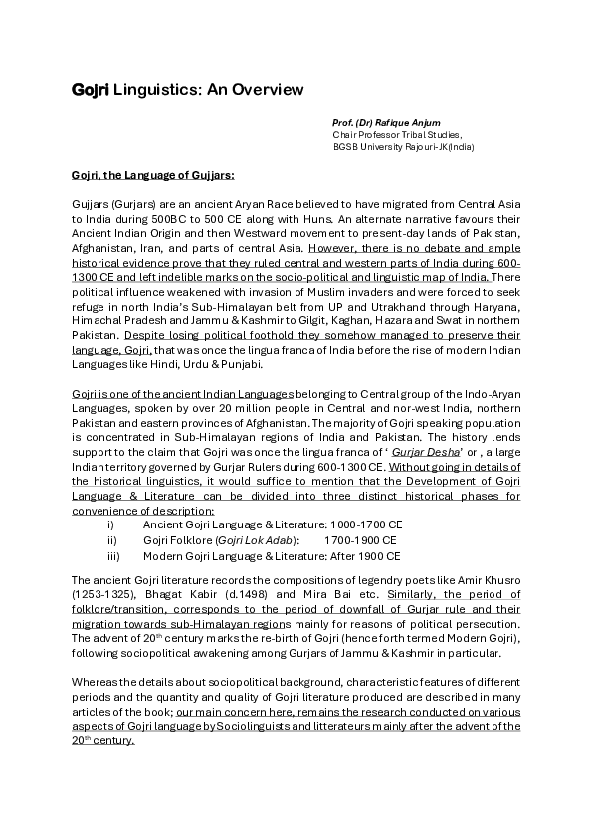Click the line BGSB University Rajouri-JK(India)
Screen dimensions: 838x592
pyautogui.click(x=389, y=146)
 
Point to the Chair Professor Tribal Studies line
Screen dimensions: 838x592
pyautogui.click(x=383, y=134)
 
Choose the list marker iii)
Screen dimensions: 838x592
pyautogui.click(x=113, y=556)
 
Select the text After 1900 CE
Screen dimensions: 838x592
pyautogui.click(x=365, y=556)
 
